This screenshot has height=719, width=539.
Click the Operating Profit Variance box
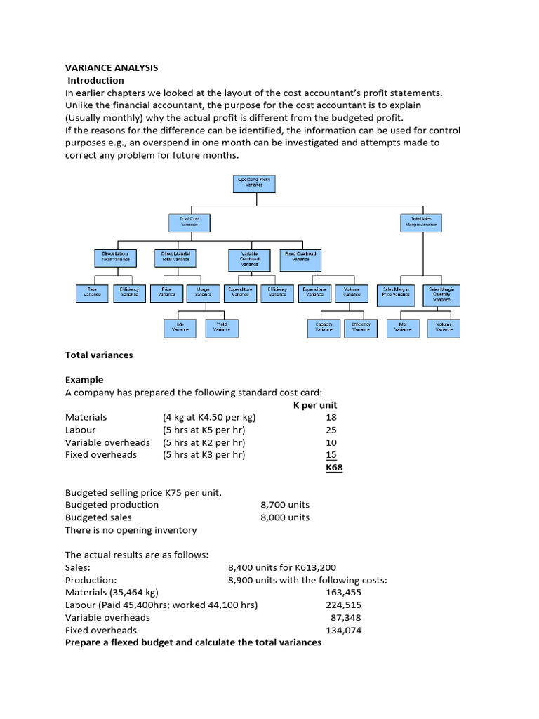click(x=254, y=184)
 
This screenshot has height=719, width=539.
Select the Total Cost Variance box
click(x=189, y=223)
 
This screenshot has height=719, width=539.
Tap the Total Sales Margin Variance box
click(x=421, y=223)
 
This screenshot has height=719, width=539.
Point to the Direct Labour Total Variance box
click(x=116, y=257)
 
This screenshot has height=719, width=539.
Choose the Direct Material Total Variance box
click(x=175, y=257)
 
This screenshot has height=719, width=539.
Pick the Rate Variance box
click(x=92, y=293)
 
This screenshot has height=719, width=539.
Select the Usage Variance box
click(x=203, y=293)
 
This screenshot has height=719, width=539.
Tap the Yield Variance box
click(x=222, y=328)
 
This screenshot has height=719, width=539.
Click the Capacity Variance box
click(x=324, y=328)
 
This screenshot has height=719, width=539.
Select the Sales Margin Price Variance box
click(x=396, y=293)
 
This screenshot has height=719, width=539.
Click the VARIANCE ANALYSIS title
click(x=112, y=68)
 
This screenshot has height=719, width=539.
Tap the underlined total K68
click(x=334, y=468)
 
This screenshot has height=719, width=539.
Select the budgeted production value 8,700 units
click(x=284, y=505)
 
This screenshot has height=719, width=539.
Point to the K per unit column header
click(x=314, y=405)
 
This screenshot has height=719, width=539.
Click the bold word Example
click(x=84, y=380)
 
